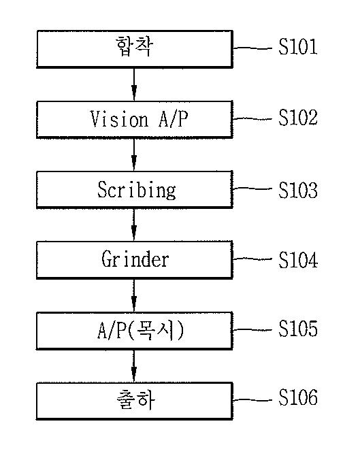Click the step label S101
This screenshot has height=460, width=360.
298,47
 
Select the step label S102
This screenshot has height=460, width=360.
298,118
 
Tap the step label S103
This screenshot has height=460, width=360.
298,190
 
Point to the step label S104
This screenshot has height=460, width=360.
298,260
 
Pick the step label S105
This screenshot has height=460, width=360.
298,329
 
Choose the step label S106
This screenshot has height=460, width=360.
298,397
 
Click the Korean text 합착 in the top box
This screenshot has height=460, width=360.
134,46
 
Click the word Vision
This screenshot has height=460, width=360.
119,119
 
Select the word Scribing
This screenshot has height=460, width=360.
137,190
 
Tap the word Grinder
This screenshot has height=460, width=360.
135,259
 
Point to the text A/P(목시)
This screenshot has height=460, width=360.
141,330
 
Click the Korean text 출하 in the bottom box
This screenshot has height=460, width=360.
135,400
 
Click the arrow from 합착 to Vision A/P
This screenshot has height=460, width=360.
134,84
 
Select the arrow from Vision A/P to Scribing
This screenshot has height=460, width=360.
134,154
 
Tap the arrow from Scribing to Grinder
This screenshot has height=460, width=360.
134,225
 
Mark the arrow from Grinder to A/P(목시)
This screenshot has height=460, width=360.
134,295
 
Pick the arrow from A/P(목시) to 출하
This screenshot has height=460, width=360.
134,366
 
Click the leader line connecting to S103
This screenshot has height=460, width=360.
252,188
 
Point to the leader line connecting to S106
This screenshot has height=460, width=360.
252,400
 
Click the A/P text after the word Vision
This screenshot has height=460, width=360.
173,119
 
